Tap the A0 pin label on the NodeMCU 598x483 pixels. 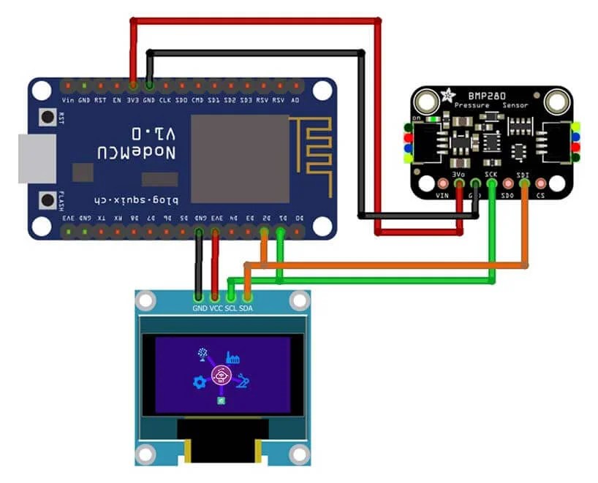tap(295, 99)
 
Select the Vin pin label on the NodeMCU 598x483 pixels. tap(68, 99)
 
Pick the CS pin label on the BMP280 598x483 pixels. tap(541, 196)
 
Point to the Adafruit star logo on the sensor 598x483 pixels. tap(447, 96)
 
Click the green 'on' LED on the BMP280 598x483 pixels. tap(436, 118)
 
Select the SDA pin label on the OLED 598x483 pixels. tap(247, 308)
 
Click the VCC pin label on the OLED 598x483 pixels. tap(215, 308)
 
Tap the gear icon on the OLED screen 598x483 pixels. tap(198, 382)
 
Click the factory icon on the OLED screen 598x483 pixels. tap(234, 357)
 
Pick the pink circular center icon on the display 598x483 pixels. tap(219, 376)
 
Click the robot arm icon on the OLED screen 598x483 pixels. tap(242, 381)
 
